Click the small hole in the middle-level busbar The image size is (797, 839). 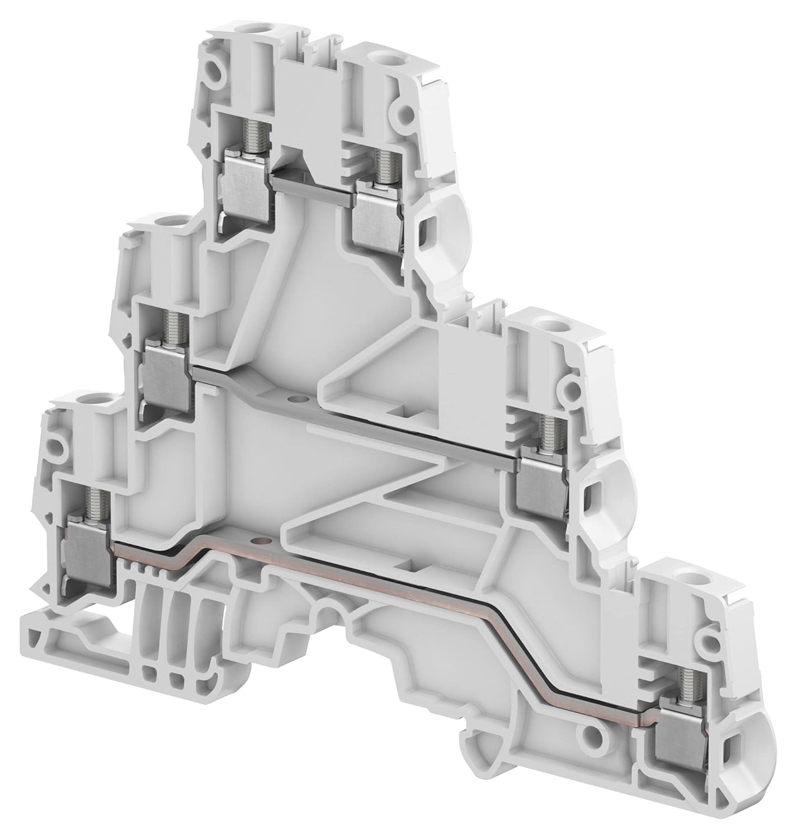[x=294, y=399]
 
